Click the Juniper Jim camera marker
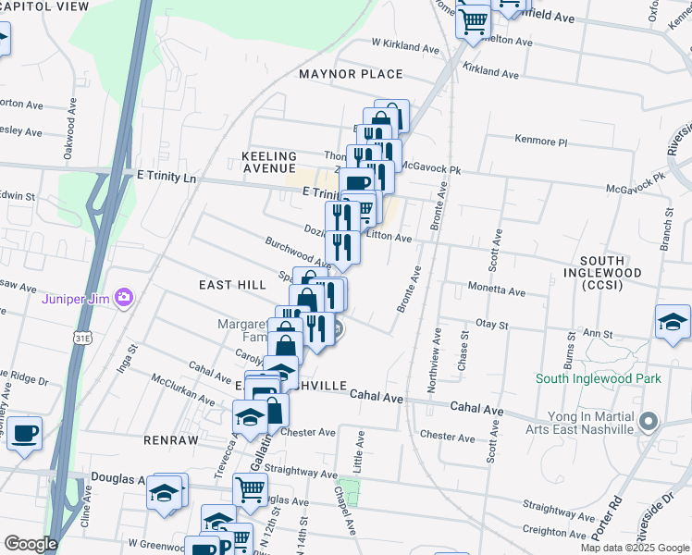(125, 299)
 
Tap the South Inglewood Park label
(599, 378)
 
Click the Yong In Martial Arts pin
(649, 423)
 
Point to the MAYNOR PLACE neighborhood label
(351, 74)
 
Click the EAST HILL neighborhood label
(232, 286)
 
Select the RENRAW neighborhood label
(171, 441)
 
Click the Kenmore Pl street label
(540, 142)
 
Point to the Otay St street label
(492, 325)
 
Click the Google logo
(31, 544)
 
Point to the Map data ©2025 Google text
(635, 548)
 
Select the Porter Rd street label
(594, 521)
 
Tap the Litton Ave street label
(389, 237)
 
